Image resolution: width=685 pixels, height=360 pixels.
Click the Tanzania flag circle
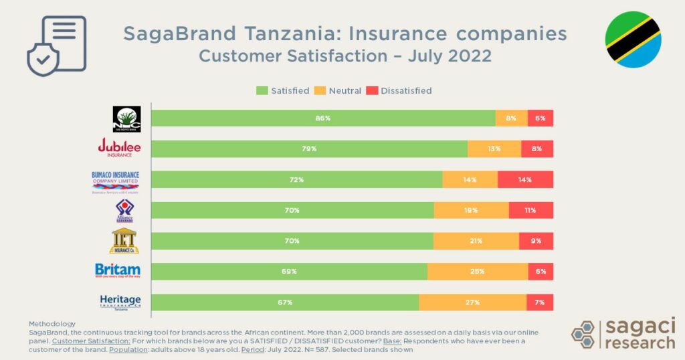(x=633, y=39)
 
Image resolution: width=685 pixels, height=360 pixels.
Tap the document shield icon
(x=57, y=46)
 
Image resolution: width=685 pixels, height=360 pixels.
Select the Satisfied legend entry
(x=283, y=90)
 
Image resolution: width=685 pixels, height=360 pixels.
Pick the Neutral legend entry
(x=338, y=90)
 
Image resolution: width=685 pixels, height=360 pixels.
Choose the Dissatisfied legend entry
(x=399, y=90)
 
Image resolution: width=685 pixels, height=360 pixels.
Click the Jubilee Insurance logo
(x=120, y=147)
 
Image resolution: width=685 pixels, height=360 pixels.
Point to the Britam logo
(x=118, y=271)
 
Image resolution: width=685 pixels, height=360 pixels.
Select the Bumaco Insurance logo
(x=115, y=181)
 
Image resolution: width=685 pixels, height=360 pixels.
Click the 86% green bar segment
(x=323, y=118)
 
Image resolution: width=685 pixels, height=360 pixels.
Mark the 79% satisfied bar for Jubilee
(x=309, y=149)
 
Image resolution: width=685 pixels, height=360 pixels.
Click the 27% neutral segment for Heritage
(x=472, y=302)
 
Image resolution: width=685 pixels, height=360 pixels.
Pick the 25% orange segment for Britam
(x=478, y=272)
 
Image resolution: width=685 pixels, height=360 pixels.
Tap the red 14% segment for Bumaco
(x=525, y=179)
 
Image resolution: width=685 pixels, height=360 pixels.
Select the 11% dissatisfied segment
(x=531, y=210)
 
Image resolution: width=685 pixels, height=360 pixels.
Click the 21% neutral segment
(x=476, y=241)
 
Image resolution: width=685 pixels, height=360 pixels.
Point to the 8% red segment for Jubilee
(x=537, y=149)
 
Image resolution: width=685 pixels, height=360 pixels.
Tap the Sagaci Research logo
(x=623, y=334)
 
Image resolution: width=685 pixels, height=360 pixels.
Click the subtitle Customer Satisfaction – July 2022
(x=345, y=56)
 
